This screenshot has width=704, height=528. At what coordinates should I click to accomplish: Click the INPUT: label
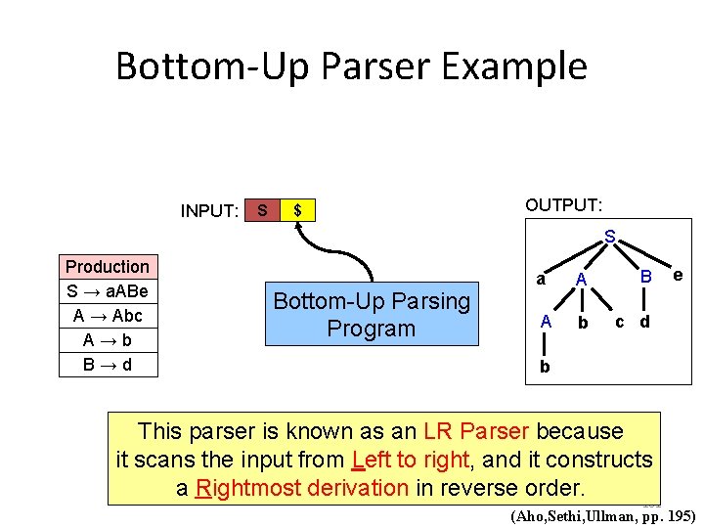pyautogui.click(x=209, y=211)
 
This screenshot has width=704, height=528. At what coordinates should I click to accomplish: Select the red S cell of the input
pyautogui.click(x=261, y=210)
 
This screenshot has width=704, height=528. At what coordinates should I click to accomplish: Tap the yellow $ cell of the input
pyautogui.click(x=297, y=210)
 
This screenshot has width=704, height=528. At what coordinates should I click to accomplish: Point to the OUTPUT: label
pyautogui.click(x=563, y=205)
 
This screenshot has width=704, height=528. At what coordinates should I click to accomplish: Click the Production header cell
pyautogui.click(x=108, y=267)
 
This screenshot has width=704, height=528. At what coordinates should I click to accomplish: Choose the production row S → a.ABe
pyautogui.click(x=108, y=291)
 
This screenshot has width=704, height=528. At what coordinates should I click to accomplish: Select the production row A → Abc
pyautogui.click(x=108, y=316)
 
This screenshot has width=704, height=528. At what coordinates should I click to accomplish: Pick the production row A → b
pyautogui.click(x=108, y=340)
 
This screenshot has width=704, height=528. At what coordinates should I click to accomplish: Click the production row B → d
pyautogui.click(x=108, y=365)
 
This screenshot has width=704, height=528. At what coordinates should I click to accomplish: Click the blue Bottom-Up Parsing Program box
pyautogui.click(x=372, y=315)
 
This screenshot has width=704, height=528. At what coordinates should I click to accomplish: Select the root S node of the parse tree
pyautogui.click(x=610, y=237)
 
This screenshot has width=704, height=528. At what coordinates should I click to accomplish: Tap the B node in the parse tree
pyautogui.click(x=646, y=280)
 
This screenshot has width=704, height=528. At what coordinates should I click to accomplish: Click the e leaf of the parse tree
pyautogui.click(x=677, y=277)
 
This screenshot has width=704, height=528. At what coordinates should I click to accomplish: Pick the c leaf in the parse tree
pyautogui.click(x=619, y=321)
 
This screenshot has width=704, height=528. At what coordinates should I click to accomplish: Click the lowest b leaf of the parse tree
pyautogui.click(x=545, y=368)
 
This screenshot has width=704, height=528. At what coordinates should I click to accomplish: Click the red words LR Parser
pyautogui.click(x=477, y=431)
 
